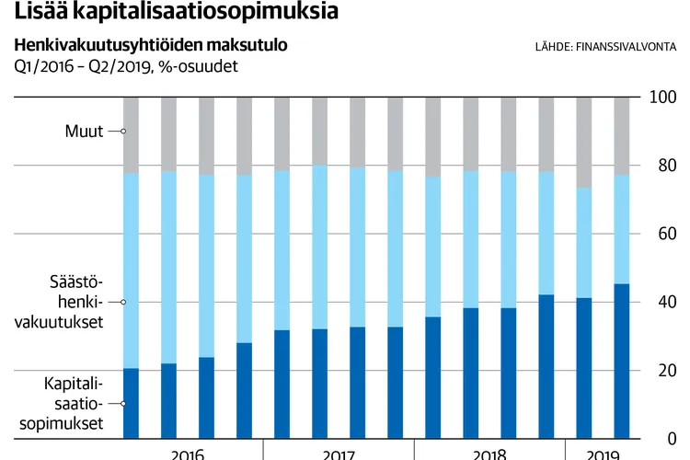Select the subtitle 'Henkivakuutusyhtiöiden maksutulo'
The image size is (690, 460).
pyautogui.click(x=150, y=45)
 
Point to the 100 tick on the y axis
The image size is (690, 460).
pyautogui.click(x=661, y=98)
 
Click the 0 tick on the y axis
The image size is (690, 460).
pyautogui.click(x=668, y=439)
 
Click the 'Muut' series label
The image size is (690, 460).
pyautogui.click(x=84, y=132)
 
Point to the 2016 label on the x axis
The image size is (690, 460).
pyautogui.click(x=188, y=453)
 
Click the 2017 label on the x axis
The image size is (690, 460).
pyautogui.click(x=339, y=453)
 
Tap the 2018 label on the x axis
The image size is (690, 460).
pyautogui.click(x=489, y=453)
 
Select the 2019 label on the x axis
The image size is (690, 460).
pyautogui.click(x=604, y=453)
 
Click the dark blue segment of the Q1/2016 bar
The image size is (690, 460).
pyautogui.click(x=131, y=403)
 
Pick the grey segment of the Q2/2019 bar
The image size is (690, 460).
pyautogui.click(x=622, y=134)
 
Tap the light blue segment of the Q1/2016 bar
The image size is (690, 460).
pyautogui.click(x=131, y=270)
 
